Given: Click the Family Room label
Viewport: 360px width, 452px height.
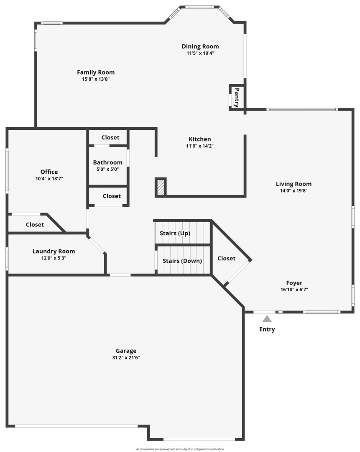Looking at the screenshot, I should click(96, 72).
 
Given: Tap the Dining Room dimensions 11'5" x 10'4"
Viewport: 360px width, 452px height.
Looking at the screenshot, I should click(200, 53).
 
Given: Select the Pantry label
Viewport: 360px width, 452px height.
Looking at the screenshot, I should click(236, 97).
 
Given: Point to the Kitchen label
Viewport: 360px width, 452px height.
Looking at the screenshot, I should click(200, 139).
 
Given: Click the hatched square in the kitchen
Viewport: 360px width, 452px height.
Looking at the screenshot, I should click(160, 187).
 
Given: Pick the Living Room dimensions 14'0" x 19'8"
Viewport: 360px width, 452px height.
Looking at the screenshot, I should click(294, 190).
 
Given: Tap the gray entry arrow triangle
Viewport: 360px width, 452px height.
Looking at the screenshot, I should click(267, 319).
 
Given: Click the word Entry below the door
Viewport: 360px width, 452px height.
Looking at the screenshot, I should click(267, 329).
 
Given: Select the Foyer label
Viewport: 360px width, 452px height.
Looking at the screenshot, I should click(294, 283).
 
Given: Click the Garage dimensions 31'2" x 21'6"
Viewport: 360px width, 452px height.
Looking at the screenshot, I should click(126, 358).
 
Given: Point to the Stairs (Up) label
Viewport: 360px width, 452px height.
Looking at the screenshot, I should click(175, 233).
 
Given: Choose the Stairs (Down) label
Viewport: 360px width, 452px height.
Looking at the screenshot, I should click(182, 261).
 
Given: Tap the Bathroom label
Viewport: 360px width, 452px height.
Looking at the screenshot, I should click(108, 162).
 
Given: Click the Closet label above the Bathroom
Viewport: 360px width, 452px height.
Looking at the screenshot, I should click(110, 137).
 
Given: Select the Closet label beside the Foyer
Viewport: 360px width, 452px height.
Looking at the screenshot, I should click(226, 259).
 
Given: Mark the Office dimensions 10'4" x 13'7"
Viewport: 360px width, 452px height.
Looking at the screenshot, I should click(49, 178).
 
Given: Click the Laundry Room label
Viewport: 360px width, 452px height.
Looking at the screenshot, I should click(54, 251).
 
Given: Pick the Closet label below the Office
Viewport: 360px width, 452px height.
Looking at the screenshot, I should click(35, 225).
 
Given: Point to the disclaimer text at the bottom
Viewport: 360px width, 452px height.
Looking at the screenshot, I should click(180, 449).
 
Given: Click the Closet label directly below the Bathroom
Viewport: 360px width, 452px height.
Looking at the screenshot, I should click(112, 196).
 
